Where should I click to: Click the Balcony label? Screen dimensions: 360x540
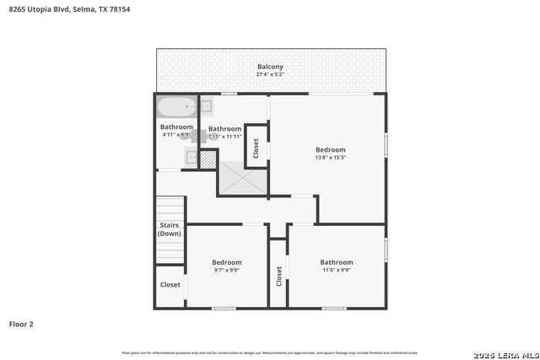270,67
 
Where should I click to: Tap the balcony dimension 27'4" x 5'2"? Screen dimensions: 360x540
270,74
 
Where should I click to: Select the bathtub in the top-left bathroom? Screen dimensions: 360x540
175,108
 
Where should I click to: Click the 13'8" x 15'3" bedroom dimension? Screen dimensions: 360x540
330,158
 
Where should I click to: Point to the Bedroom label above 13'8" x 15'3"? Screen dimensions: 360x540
330,149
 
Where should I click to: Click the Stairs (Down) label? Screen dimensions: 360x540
170,228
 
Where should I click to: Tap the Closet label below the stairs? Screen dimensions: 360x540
170,285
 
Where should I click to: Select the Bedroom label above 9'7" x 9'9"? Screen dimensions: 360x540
226,262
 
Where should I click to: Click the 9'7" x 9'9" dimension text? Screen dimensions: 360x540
226,271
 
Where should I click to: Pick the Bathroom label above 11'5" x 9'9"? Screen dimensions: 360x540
336,262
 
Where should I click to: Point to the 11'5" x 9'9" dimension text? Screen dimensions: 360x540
336,271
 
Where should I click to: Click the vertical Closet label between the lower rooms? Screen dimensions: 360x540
278,276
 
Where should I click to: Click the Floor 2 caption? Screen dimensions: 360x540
21,324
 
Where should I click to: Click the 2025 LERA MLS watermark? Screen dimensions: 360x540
505,352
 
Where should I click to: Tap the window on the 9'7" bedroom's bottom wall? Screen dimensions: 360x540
223,308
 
